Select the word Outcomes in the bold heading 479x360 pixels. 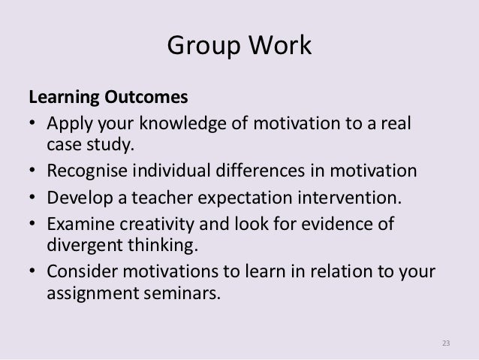pos(132,99)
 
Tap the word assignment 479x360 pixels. pos(90,293)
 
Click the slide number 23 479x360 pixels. pos(445,343)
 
